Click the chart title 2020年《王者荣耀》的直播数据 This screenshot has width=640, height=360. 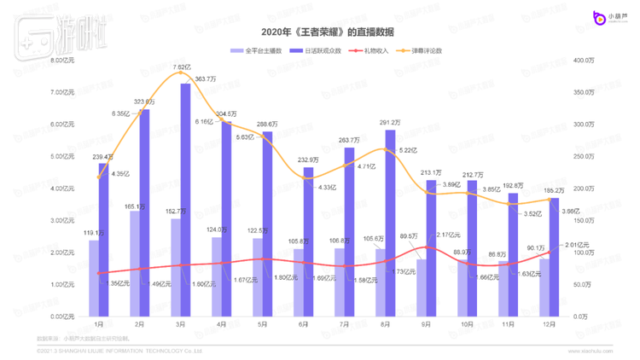tap(320, 32)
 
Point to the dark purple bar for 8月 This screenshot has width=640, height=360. tap(390, 223)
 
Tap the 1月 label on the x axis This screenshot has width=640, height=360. tap(99, 325)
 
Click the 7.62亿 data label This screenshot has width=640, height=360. tap(181, 67)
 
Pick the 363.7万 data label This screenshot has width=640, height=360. tap(206, 78)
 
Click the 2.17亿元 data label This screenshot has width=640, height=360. tap(448, 235)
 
